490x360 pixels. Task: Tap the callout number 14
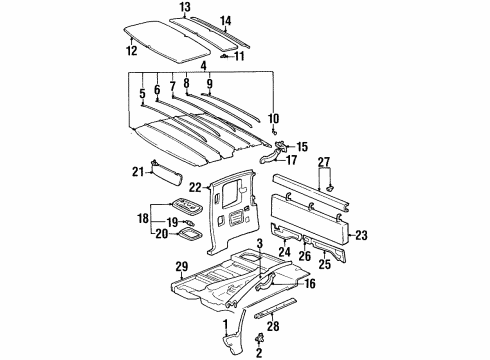tap(226, 20)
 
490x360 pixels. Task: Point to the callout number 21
tap(137, 171)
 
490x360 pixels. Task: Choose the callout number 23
tap(361, 236)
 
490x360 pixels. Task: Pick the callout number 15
tap(303, 146)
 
